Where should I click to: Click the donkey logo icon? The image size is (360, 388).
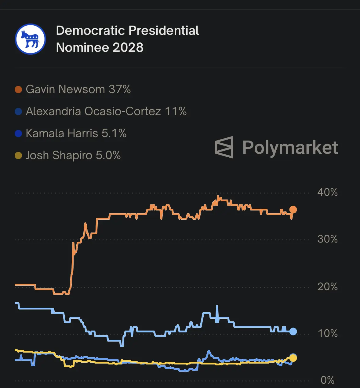point(30,39)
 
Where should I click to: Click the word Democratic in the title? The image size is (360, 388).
point(91,31)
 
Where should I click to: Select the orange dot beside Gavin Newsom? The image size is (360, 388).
point(18,90)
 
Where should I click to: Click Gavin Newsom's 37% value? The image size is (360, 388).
point(119,90)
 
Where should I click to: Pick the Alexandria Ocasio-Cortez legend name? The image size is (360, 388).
point(93,112)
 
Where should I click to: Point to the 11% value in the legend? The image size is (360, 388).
point(176,112)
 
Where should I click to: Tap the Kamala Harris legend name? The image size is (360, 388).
point(62,134)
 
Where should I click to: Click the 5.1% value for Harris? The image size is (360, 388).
point(114,134)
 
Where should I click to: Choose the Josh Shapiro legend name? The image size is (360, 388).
point(59,156)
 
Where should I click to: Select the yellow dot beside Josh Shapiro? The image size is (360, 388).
point(18,156)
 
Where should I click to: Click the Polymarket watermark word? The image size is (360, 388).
point(290,148)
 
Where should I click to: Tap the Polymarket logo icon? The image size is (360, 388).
point(224,147)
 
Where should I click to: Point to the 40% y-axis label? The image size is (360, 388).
point(327,192)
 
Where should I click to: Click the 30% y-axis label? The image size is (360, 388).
point(327,239)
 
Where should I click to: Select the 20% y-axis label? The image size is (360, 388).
point(327,287)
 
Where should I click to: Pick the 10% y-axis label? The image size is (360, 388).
point(327,334)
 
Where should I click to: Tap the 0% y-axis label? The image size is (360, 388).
point(327,380)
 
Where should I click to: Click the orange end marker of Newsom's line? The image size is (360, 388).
point(293,210)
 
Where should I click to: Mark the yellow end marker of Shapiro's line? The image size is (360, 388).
point(293,358)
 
